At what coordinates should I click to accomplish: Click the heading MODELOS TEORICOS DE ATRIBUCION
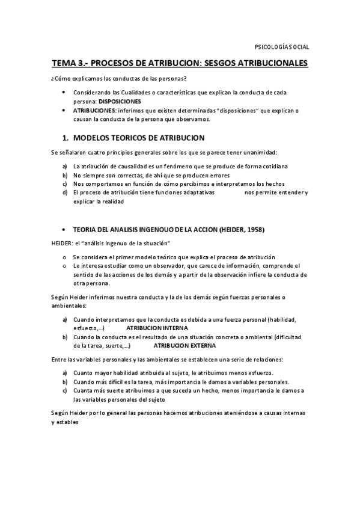pyautogui.click(x=138, y=138)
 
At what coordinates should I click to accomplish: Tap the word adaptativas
pyautogui.click(x=197, y=192)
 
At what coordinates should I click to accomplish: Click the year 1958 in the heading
pyautogui.click(x=254, y=230)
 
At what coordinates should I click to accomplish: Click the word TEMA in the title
pyautogui.click(x=64, y=63)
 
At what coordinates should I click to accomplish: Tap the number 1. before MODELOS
pyautogui.click(x=66, y=138)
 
